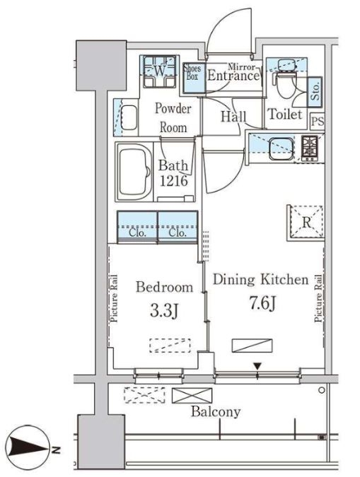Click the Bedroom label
pyautogui.click(x=165, y=287)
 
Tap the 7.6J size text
pyautogui.click(x=262, y=303)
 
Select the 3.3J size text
pyautogui.click(x=164, y=311)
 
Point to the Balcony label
pyautogui.click(x=216, y=412)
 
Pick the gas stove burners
pyautogui.click(x=310, y=148)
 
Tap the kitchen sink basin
pyautogui.click(x=281, y=149)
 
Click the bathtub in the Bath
pyautogui.click(x=134, y=172)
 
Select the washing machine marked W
pyautogui.click(x=159, y=72)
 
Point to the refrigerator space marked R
pyautogui.click(x=306, y=223)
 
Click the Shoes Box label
pyautogui.click(x=192, y=72)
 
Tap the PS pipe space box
pyautogui.click(x=318, y=121)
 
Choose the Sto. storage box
pyautogui.click(x=315, y=92)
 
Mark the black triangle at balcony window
pyautogui.click(x=257, y=366)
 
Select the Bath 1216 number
pyautogui.click(x=173, y=181)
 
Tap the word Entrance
pyautogui.click(x=233, y=76)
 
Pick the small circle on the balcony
pyautogui.click(x=321, y=390)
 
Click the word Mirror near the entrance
pyautogui.click(x=241, y=66)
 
